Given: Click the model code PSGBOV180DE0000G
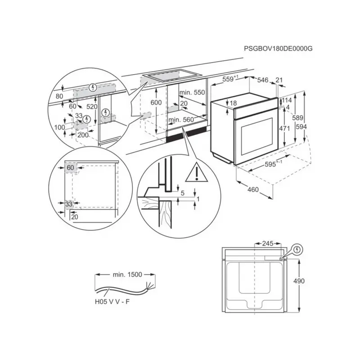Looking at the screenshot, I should [278, 48].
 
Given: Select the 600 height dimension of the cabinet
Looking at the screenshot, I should [156, 103].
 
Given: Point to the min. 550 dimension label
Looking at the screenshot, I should [192, 92].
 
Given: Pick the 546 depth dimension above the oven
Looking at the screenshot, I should [262, 80].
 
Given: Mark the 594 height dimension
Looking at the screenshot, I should [301, 127].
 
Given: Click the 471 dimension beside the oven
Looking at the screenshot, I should [284, 128].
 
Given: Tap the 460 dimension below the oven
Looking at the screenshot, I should [253, 189].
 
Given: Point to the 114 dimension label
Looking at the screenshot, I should [287, 100].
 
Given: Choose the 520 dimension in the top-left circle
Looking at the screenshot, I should [92, 107].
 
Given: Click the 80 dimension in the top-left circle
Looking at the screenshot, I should [59, 96].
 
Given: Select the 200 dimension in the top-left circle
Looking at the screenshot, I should [83, 135].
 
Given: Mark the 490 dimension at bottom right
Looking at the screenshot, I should [299, 281].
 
